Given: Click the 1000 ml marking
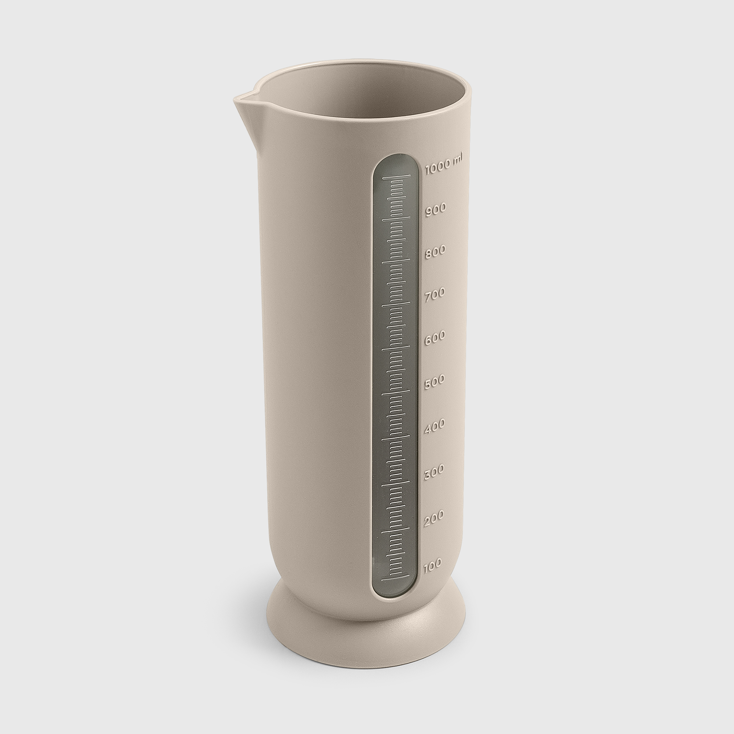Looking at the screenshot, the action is click(444, 164).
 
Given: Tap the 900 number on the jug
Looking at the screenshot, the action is click(435, 209).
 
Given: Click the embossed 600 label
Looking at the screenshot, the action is click(434, 338).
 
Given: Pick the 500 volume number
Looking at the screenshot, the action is click(434, 381).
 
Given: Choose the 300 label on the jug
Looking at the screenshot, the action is click(433, 472).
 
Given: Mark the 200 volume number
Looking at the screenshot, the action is click(433, 518).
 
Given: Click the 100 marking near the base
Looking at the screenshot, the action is click(432, 565).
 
